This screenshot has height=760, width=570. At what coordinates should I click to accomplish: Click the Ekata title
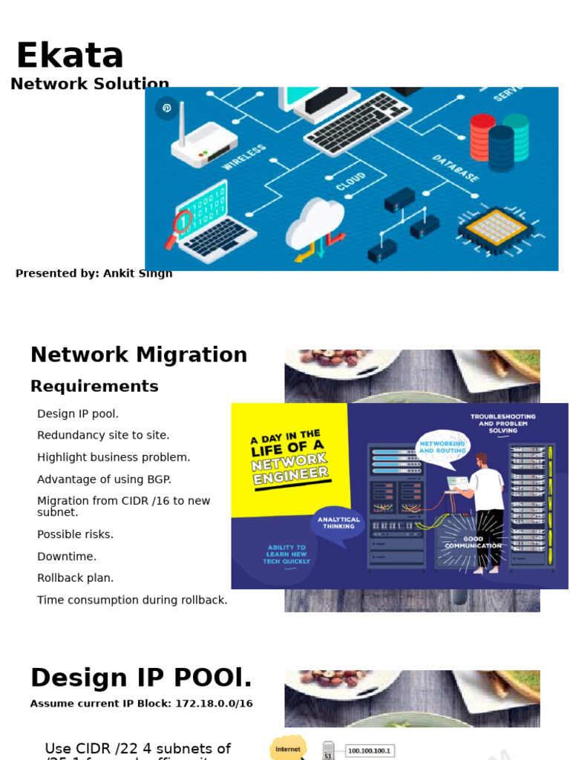coord(70,56)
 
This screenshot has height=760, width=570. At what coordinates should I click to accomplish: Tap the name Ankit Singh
coord(137,273)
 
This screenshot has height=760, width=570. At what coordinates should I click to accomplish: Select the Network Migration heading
coord(139,355)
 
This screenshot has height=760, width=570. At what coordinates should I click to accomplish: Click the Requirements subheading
coord(94,386)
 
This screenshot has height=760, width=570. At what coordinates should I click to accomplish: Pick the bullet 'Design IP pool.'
coord(78,414)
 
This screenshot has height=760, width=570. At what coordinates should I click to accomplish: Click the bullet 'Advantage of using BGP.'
coord(103,479)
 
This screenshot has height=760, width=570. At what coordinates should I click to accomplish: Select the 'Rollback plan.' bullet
coord(76,578)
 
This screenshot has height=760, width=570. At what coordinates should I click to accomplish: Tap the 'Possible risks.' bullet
coord(76,534)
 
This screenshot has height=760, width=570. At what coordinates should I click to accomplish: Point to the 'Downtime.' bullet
coord(67,557)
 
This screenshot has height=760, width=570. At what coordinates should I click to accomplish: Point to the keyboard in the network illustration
coord(356,122)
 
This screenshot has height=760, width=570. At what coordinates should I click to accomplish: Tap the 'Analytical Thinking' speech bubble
coord(338,523)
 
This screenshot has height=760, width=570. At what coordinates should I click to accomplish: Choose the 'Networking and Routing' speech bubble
coord(442,448)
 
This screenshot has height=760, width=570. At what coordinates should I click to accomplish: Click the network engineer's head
coord(482,459)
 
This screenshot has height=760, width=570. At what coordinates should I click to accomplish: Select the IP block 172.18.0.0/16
coord(214,704)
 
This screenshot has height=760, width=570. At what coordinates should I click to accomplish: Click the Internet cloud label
coord(288,749)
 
